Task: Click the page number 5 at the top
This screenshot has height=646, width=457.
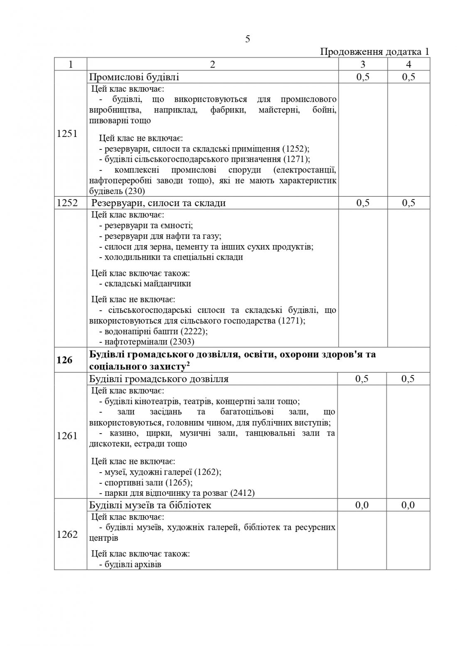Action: (x=248, y=39)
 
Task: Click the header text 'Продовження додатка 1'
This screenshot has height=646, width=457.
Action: (x=374, y=52)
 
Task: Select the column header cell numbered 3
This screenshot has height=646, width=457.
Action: (x=363, y=64)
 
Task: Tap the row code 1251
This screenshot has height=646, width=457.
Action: (x=67, y=134)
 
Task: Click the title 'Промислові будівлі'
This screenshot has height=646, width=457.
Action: (x=135, y=78)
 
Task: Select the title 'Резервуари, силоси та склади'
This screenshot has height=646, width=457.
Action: (x=158, y=203)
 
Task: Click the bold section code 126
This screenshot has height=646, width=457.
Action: (x=64, y=360)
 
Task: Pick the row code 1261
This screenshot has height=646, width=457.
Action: (x=67, y=436)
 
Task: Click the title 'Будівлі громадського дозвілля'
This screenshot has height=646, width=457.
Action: (x=159, y=379)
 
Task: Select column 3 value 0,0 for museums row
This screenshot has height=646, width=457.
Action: (x=363, y=505)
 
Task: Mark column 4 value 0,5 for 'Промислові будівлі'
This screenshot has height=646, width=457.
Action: (x=408, y=78)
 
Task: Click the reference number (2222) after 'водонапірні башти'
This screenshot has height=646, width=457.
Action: (x=194, y=332)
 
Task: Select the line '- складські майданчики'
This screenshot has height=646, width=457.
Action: (x=145, y=284)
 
